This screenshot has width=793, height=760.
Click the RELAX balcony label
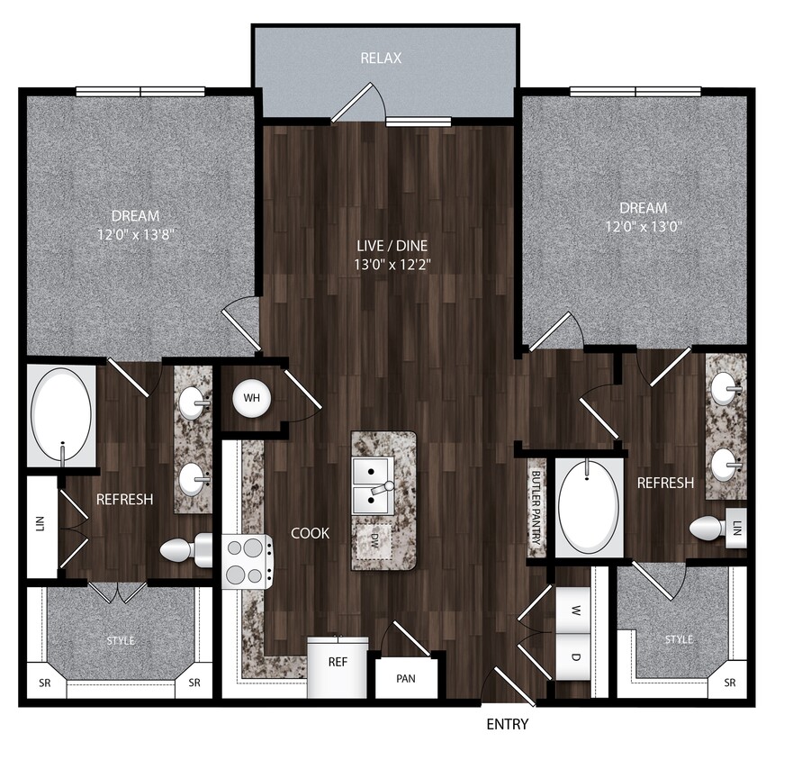click(381, 59)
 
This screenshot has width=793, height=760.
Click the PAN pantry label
click(405, 678)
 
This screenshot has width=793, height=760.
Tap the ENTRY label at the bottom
click(508, 724)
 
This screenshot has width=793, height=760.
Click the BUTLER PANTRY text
click(536, 509)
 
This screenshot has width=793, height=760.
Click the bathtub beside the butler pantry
click(589, 507)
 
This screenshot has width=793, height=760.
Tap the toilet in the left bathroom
click(183, 549)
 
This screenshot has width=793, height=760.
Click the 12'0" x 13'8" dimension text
click(136, 233)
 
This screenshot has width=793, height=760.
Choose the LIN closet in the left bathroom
click(41, 526)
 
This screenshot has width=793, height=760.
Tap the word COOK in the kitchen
click(310, 533)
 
